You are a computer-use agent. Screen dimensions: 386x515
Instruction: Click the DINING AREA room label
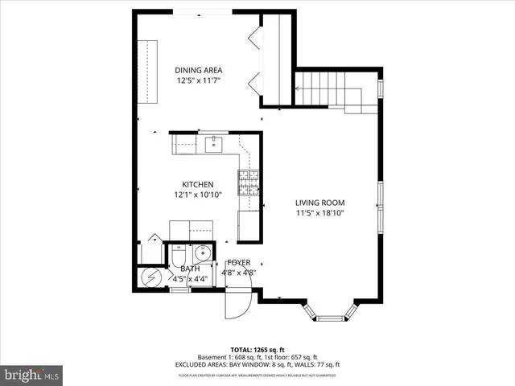pyautogui.click(x=199, y=70)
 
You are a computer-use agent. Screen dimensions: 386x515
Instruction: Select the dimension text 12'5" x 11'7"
pyautogui.click(x=199, y=80)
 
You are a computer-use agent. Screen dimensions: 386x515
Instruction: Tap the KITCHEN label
pyautogui.click(x=197, y=184)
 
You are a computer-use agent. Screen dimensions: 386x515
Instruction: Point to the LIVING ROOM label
pyautogui.click(x=319, y=203)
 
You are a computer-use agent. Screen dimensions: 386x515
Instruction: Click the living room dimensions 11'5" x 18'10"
pyautogui.click(x=319, y=213)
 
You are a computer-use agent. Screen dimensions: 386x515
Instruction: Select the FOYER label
pyautogui.click(x=239, y=263)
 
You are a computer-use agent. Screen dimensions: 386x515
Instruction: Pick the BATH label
pyautogui.click(x=190, y=269)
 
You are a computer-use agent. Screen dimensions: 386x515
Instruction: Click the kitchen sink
pyautogui.click(x=214, y=145)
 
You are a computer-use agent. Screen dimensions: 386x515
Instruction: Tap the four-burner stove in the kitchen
pyautogui.click(x=249, y=183)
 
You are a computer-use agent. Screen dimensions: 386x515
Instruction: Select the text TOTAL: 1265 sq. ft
pyautogui.click(x=258, y=349)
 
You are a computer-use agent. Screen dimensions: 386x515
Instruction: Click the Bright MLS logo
pyautogui.click(x=32, y=375)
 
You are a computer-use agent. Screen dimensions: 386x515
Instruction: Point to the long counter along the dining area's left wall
pyautogui.click(x=148, y=71)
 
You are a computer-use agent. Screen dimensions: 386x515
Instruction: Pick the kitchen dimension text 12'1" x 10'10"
pyautogui.click(x=197, y=195)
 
